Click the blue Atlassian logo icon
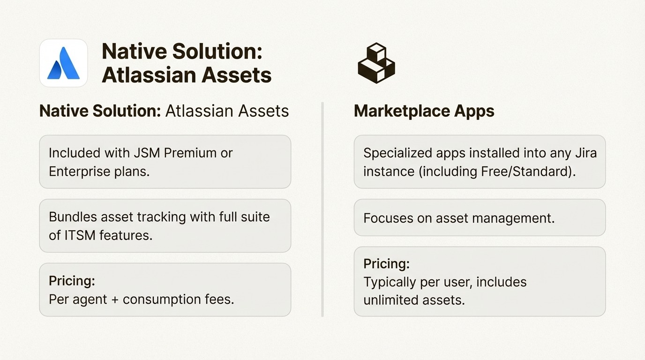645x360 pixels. coord(63,63)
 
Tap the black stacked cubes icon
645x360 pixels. coord(376,63)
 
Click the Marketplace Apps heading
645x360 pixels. coord(424,111)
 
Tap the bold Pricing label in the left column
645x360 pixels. coord(72,281)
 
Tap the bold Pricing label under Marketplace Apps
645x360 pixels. coord(386,264)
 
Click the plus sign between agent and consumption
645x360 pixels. coord(115,299)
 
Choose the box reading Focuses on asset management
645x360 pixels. coord(479,218)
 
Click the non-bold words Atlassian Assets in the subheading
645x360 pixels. coord(227,111)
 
